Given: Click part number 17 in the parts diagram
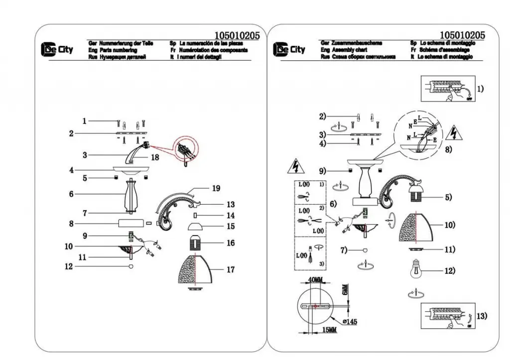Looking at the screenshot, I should click(x=230, y=270).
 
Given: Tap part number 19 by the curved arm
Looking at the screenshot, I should click(x=215, y=188).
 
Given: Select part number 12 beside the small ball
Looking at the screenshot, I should click(x=69, y=267).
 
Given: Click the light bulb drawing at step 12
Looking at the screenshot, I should click(x=419, y=269).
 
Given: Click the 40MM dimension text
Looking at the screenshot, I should click(x=316, y=280).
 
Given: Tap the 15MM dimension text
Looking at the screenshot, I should click(x=328, y=330).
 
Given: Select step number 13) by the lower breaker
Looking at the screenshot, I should click(x=482, y=316).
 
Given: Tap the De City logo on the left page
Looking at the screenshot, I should click(x=57, y=49).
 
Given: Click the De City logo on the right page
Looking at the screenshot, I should click(x=289, y=49).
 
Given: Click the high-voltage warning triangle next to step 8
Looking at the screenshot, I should click(x=454, y=133).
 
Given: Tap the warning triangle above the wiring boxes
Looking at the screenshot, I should click(x=293, y=166).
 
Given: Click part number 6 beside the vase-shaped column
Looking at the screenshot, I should click(x=71, y=194).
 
